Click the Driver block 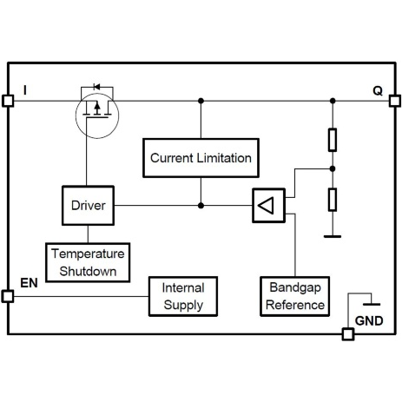(88, 207)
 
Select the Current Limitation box (201, 158)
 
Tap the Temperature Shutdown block (88, 261)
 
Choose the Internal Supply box (183, 297)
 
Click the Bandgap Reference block (295, 297)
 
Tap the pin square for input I (8, 100)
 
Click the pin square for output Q (392, 100)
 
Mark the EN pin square (8, 297)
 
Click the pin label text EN (29, 283)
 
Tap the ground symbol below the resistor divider (332, 234)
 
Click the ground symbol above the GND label (372, 304)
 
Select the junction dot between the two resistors (332, 169)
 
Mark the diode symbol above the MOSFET (96, 87)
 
